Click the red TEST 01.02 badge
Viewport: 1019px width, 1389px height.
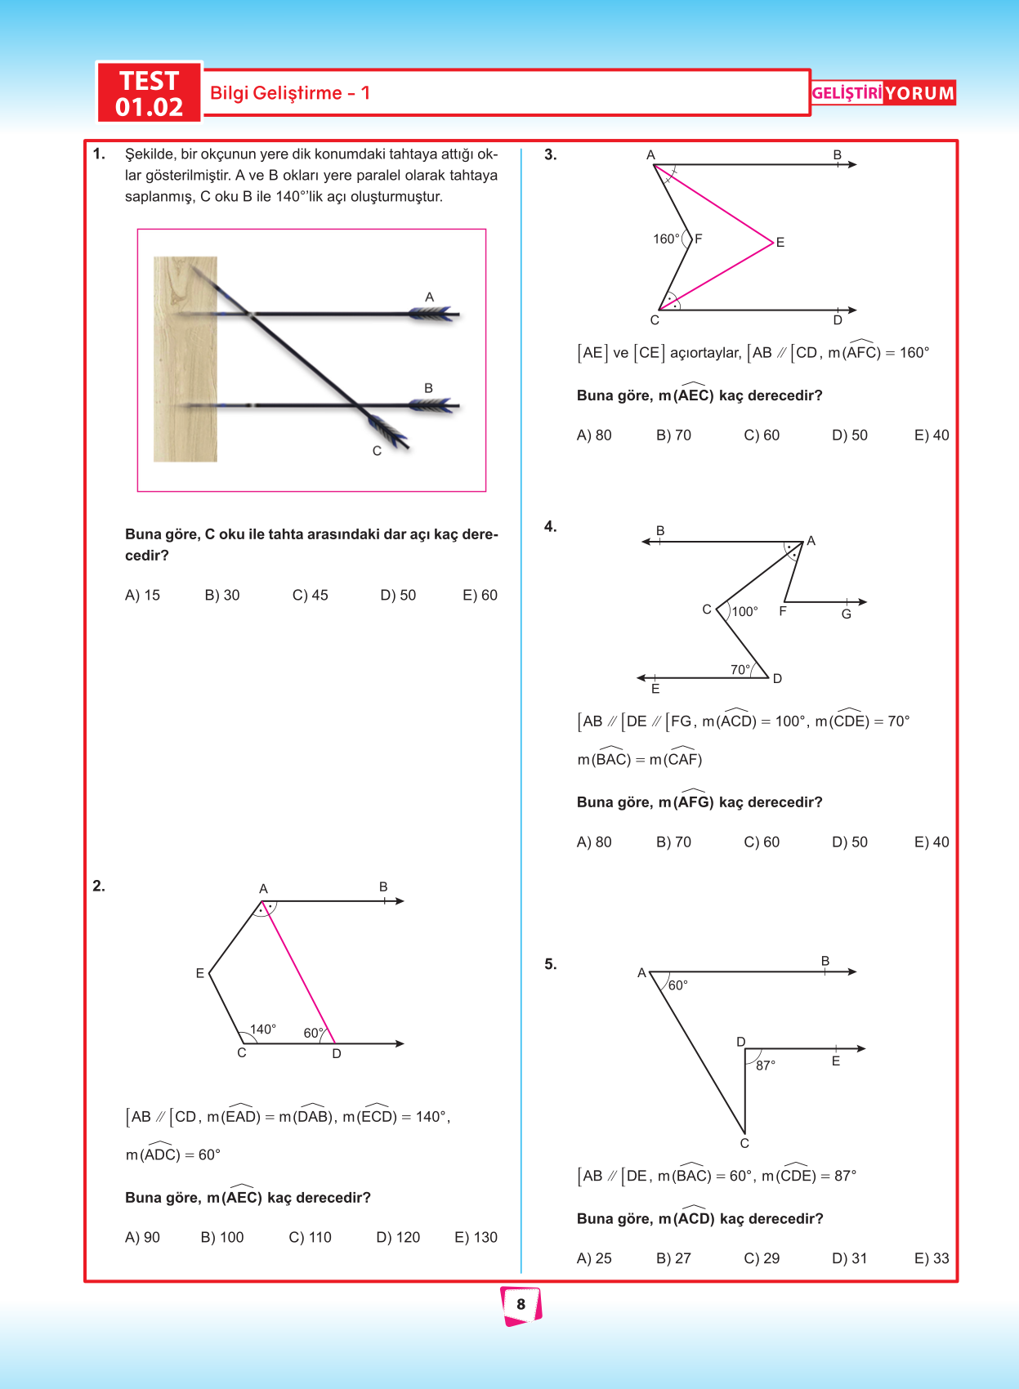point(149,93)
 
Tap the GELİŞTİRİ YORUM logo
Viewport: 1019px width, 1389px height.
point(883,93)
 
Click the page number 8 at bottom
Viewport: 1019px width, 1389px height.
point(521,1304)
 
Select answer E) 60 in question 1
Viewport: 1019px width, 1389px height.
point(480,596)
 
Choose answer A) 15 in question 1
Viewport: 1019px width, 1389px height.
point(142,596)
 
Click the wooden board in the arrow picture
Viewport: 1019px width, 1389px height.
point(185,360)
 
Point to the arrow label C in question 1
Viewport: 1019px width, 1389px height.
point(377,451)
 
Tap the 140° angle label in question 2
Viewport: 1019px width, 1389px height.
point(263,1029)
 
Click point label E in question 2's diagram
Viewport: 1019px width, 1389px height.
point(199,973)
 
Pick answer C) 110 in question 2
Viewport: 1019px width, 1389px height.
point(310,1238)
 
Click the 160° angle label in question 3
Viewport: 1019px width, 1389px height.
point(666,239)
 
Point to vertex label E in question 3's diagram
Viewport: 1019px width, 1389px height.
point(780,243)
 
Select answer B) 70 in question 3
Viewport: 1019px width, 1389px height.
point(673,435)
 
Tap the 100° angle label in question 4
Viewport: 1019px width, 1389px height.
point(744,611)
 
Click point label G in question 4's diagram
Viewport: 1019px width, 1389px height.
point(847,614)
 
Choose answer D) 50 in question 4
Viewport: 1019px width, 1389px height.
point(849,842)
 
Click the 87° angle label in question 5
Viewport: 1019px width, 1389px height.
point(766,1065)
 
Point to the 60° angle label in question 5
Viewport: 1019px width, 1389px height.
point(678,985)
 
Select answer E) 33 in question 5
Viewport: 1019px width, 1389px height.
point(932,1259)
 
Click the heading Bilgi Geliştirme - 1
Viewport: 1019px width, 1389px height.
point(290,93)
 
